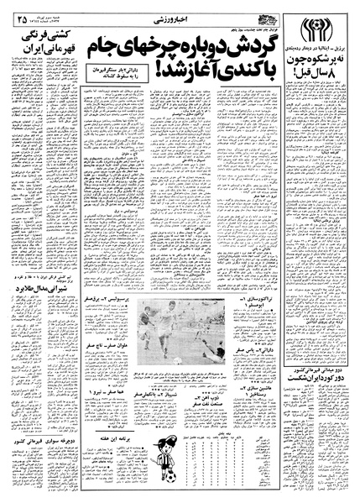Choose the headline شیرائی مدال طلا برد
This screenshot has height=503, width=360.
[x=39, y=306]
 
